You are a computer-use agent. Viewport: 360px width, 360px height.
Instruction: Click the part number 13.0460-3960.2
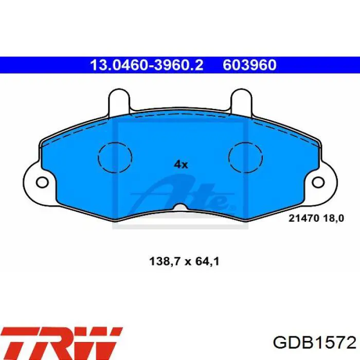pos(147,65)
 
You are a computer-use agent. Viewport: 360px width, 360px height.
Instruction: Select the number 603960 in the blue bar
pos(249,65)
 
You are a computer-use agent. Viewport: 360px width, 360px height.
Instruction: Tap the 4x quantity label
pos(181,165)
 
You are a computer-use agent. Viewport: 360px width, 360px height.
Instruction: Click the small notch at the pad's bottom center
pos(181,207)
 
